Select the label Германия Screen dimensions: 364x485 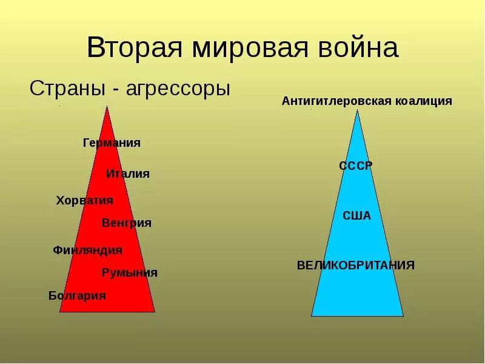tap(112, 143)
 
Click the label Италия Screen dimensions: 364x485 tap(127, 174)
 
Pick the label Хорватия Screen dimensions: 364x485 tap(84, 200)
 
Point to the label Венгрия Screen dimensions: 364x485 tap(127, 223)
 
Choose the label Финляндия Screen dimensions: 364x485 tap(87, 250)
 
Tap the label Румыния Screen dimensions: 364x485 tap(129, 273)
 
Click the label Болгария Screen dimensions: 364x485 tap(77, 296)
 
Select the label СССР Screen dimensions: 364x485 tap(356, 166)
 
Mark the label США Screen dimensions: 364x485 tap(356, 216)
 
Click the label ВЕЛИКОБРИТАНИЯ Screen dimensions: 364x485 tap(356, 265)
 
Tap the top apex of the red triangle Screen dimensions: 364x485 tap(107, 107)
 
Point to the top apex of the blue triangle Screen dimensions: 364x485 tap(357, 110)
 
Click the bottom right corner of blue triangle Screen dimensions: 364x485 tap(403, 315)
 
